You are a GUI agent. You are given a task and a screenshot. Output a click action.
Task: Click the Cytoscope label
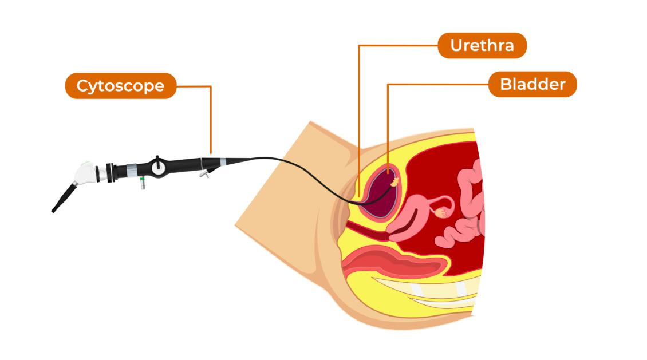(x=120, y=86)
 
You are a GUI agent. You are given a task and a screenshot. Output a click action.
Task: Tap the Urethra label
(x=482, y=45)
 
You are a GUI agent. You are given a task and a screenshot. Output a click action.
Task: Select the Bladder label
(x=532, y=85)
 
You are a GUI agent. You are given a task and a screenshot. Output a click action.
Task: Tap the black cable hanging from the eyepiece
(x=63, y=199)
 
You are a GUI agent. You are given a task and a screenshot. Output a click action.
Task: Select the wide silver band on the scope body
(x=131, y=169)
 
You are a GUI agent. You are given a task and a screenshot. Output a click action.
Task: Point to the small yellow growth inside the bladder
(x=394, y=182)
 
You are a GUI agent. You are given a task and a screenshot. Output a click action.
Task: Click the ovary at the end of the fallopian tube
(x=441, y=213)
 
